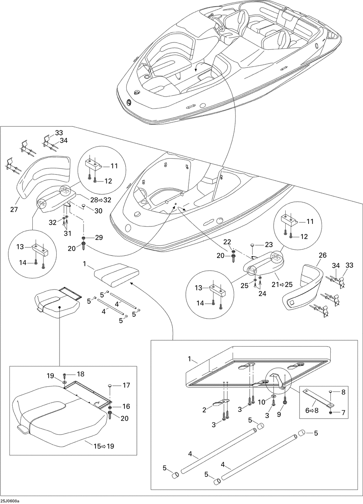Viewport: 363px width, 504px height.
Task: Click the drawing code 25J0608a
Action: [x=10, y=501]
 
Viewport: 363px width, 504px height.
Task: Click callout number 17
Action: [x=126, y=385]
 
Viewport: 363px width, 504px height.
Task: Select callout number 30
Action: [x=98, y=211]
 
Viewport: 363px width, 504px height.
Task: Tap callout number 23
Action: [x=269, y=245]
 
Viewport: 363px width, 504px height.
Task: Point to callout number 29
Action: [x=98, y=237]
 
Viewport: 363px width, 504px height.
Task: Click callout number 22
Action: [x=227, y=242]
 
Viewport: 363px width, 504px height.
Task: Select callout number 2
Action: [x=205, y=410]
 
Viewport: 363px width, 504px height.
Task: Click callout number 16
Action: [x=126, y=406]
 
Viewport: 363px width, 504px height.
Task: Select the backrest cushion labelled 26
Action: [x=303, y=287]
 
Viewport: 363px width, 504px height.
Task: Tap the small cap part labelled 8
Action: [x=331, y=392]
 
